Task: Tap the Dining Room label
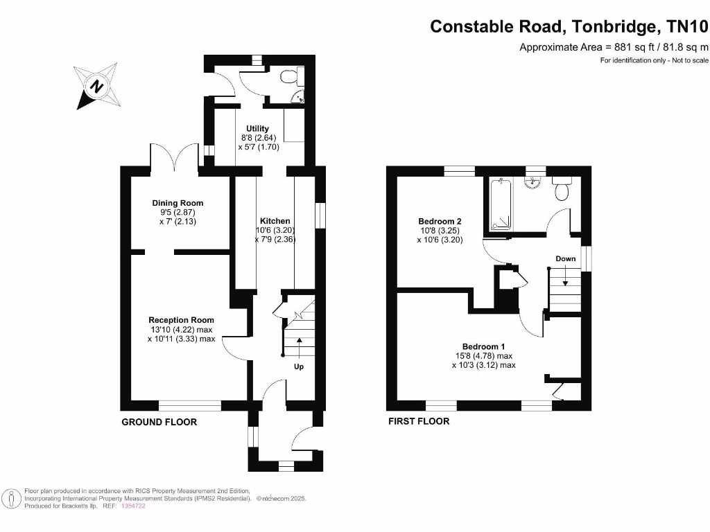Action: click(x=177, y=203)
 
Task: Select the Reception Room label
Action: click(x=181, y=320)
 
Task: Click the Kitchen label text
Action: click(x=275, y=221)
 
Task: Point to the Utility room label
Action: click(x=257, y=129)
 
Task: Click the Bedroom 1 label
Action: click(x=483, y=346)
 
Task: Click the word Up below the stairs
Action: click(x=299, y=366)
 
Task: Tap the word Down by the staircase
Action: click(x=565, y=258)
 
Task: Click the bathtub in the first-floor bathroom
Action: click(x=501, y=204)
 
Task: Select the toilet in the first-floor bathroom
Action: click(x=562, y=188)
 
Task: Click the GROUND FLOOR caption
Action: click(x=159, y=422)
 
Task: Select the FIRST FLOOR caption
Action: click(x=418, y=421)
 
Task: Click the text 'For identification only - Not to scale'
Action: click(x=655, y=61)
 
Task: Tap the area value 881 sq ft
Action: click(x=628, y=47)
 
